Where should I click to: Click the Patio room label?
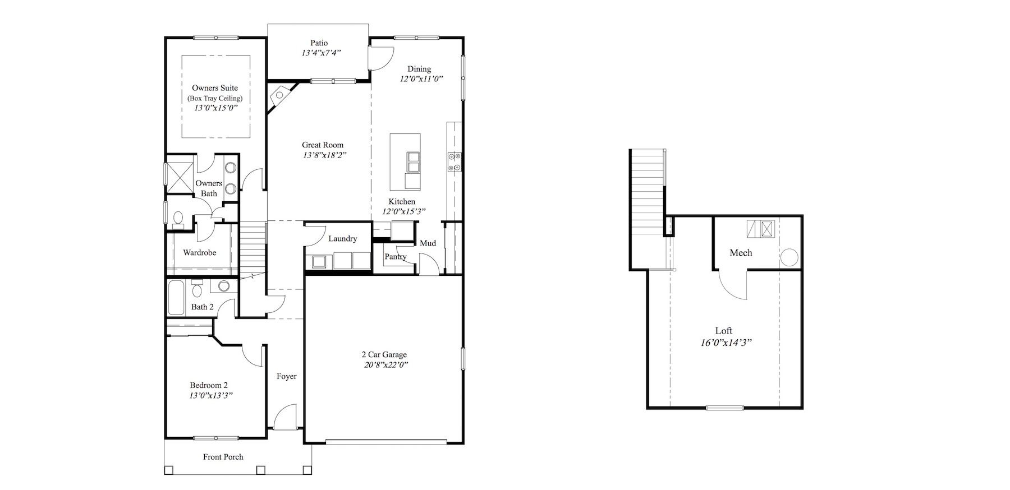tap(319, 43)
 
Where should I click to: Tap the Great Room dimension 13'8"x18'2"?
tap(324, 155)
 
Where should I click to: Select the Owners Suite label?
tap(215, 88)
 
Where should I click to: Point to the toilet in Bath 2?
tap(197, 289)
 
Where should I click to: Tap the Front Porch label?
tap(223, 457)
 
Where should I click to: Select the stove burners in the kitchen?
tap(454, 161)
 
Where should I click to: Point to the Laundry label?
tap(343, 239)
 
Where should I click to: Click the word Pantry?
tap(396, 257)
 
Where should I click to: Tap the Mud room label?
tap(428, 243)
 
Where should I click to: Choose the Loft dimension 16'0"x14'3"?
tap(726, 342)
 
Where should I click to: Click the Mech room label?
tap(741, 253)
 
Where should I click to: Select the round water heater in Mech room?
tap(789, 258)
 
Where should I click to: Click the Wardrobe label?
tap(200, 253)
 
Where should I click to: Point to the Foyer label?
tap(287, 377)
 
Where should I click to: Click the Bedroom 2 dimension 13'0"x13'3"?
tap(211, 395)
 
